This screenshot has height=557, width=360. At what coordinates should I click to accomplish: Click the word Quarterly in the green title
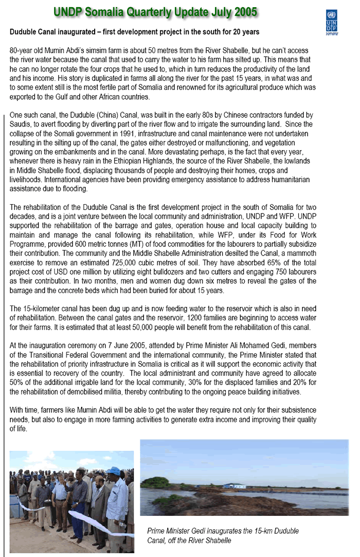click(154, 12)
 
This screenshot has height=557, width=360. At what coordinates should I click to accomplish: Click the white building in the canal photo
click(234, 485)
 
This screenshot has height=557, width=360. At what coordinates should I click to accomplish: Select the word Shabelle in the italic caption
click(215, 540)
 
